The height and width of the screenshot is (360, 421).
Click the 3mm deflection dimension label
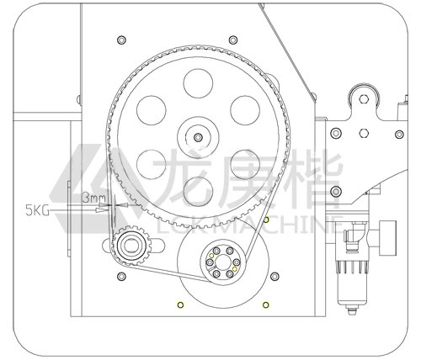click(x=93, y=198)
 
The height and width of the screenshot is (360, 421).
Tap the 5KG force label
click(x=37, y=210)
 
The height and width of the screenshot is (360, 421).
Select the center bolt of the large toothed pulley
click(x=198, y=137)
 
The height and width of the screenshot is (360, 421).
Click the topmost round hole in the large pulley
click(x=198, y=83)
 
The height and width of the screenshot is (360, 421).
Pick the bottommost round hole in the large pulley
click(x=198, y=191)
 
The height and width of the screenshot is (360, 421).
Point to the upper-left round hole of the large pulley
click(x=152, y=110)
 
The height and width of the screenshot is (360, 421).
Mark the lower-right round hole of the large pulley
click(x=245, y=164)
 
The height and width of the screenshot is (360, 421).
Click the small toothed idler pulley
click(x=131, y=246)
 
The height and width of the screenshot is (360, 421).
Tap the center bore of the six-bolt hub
click(x=223, y=262)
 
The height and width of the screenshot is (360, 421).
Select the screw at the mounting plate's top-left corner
click(x=121, y=40)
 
